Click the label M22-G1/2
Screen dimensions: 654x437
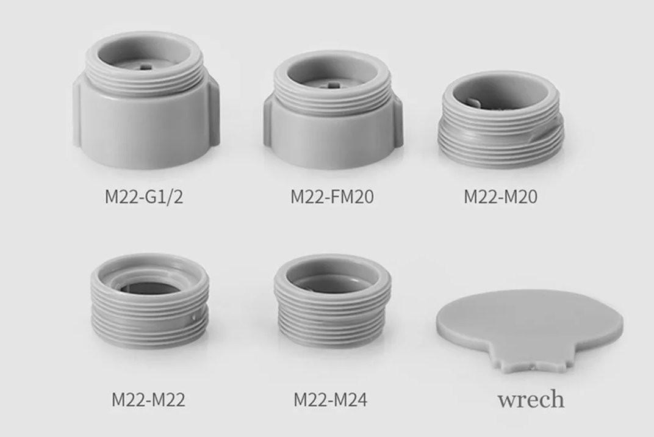pos(143,197)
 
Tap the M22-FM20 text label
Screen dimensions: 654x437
pos(332,197)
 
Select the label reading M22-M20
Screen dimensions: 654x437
pos(500,197)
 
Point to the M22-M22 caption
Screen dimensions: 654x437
pos(148,399)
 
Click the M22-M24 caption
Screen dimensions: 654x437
pos(330,399)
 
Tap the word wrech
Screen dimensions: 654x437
pos(531,399)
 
